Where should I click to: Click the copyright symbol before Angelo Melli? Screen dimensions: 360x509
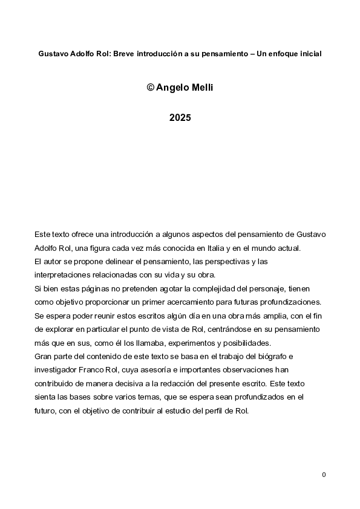pyautogui.click(x=150, y=88)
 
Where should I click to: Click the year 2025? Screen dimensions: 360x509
pyautogui.click(x=180, y=118)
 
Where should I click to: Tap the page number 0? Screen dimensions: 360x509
pyautogui.click(x=324, y=475)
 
